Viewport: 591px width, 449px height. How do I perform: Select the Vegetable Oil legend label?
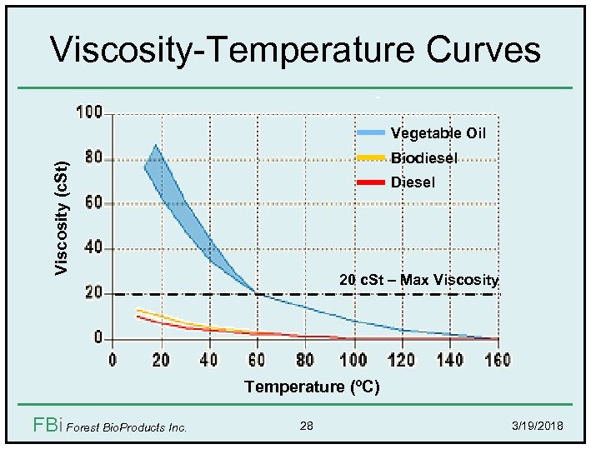point(438,133)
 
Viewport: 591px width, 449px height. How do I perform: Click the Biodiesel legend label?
point(423,158)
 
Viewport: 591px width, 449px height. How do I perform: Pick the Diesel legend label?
point(413,182)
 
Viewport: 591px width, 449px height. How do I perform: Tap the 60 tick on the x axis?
point(257,360)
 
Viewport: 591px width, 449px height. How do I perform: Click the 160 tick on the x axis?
point(498,360)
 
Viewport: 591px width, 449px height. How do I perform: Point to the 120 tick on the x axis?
point(402,360)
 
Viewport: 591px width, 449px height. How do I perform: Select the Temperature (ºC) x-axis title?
point(312,387)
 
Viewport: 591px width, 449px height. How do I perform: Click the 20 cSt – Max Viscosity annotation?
point(418,280)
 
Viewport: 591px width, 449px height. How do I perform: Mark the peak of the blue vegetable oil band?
point(154,146)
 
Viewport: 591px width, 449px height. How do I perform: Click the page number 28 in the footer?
point(307,427)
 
